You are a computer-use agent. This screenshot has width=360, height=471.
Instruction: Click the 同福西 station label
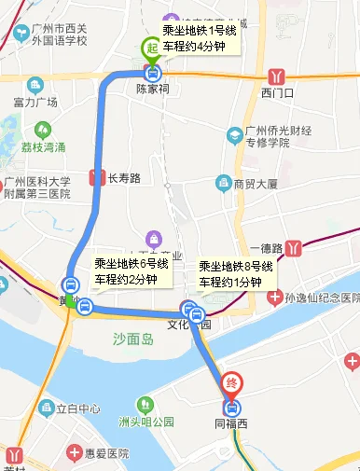click(233, 424)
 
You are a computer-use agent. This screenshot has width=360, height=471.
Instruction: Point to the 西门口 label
click(277, 92)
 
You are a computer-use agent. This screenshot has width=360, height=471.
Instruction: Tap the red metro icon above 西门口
click(276, 76)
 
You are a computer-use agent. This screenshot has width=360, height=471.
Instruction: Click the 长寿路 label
click(123, 177)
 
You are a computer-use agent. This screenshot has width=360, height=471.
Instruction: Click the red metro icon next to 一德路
click(295, 248)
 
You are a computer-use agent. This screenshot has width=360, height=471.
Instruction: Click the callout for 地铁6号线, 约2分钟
click(132, 271)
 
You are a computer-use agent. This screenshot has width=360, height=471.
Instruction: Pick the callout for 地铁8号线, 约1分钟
click(236, 273)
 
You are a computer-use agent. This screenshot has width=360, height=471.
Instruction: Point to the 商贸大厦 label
click(256, 184)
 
